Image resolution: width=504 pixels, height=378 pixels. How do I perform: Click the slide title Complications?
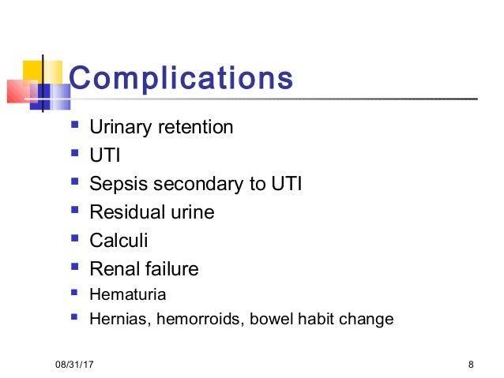coord(181,78)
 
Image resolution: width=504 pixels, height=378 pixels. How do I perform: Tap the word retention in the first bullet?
coord(195,127)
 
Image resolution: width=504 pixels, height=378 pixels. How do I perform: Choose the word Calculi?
coord(118,241)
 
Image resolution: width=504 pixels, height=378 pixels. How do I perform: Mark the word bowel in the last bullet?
coord(264,320)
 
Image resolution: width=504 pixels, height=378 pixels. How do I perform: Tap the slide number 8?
coord(471,365)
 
